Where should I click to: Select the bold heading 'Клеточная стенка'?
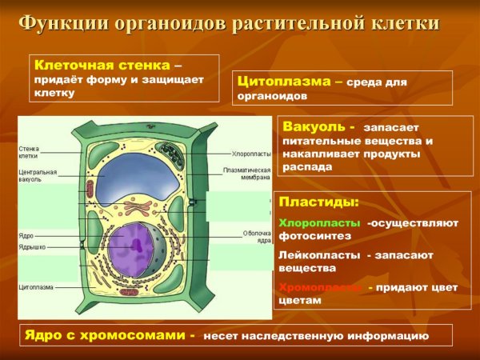(101, 64)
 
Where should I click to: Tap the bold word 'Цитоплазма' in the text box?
(284, 81)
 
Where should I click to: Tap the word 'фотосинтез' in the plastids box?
(311, 237)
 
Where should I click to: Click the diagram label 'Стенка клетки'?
(29, 152)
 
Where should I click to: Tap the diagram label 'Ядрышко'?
(32, 248)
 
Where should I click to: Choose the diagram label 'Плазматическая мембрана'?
(249, 174)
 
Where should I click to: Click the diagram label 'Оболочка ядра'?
(255, 237)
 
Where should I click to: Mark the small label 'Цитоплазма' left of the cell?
(36, 286)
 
